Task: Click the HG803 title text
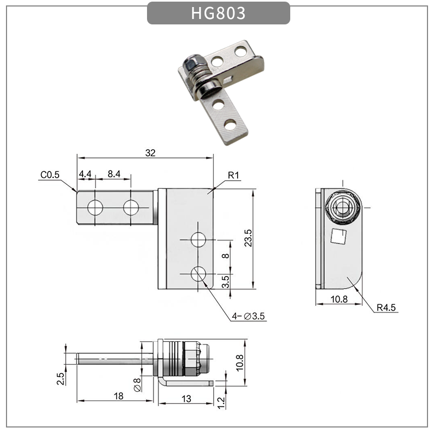pyautogui.click(x=218, y=14)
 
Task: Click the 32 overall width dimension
pyautogui.click(x=150, y=154)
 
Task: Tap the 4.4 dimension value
pyautogui.click(x=85, y=174)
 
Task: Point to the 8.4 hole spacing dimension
pyautogui.click(x=114, y=174)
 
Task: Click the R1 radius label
pyautogui.click(x=234, y=175)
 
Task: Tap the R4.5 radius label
pyautogui.click(x=386, y=308)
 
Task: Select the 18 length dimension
pyautogui.click(x=119, y=397)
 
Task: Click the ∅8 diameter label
pyautogui.click(x=138, y=384)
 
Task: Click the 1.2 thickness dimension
pyautogui.click(x=221, y=402)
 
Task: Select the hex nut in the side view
pyautogui.click(x=343, y=207)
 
